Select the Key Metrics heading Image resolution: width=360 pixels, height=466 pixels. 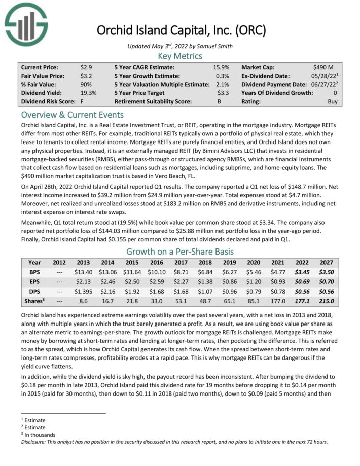[x=180, y=56]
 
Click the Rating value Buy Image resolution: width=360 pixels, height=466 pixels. [x=332, y=101]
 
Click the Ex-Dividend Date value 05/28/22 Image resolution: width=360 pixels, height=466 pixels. [x=322, y=75]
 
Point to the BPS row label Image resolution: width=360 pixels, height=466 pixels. [x=35, y=272]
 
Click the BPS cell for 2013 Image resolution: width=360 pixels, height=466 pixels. [x=83, y=272]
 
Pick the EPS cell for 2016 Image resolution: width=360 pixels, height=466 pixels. [x=156, y=282]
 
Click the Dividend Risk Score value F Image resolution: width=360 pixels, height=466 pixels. [x=82, y=101]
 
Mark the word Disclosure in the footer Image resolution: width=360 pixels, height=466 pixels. [x=34, y=441]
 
